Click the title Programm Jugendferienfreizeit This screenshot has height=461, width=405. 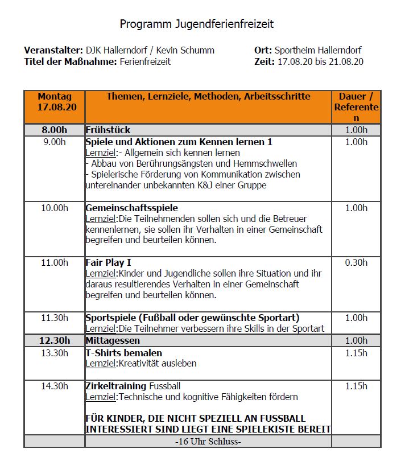coord(197,24)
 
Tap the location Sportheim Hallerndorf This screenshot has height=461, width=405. coord(317,50)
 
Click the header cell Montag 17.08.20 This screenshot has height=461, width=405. coord(55,102)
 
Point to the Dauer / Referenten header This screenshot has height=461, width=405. coord(356,107)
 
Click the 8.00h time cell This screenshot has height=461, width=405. coord(55,130)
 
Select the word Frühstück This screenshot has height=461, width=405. coord(108,130)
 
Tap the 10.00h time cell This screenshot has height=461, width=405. coord(55,208)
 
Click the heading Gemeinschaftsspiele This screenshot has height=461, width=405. coord(131,208)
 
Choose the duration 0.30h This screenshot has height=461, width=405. coord(356,262)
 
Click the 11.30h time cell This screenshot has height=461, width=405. coord(55,318)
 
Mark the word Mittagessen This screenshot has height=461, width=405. coord(113,340)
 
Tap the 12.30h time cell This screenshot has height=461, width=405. coord(55,340)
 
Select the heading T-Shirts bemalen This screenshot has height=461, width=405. coord(123,353)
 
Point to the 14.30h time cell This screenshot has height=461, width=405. coord(55,386)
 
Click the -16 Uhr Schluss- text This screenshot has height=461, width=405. coord(208,441)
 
